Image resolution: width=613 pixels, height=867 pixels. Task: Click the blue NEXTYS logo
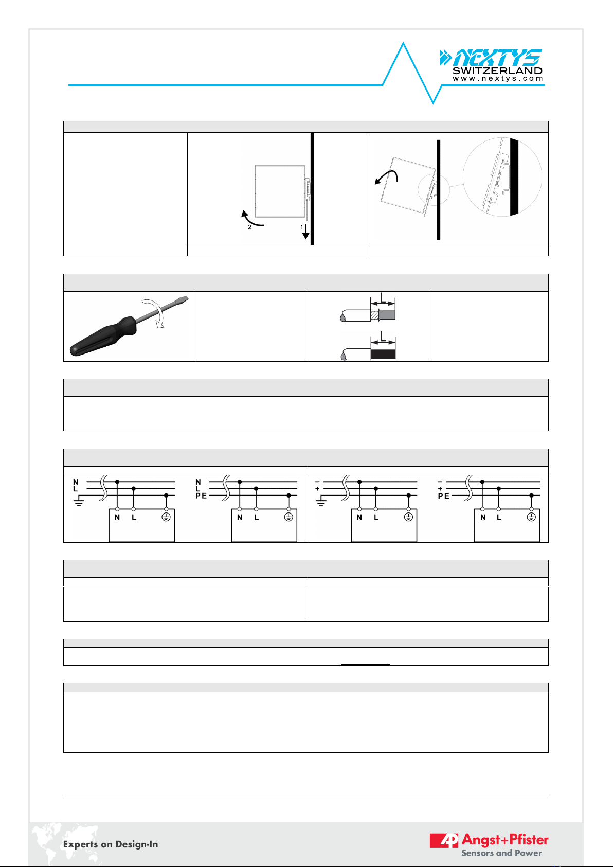[x=491, y=58]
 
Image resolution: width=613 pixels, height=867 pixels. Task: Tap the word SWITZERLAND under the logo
[x=497, y=71]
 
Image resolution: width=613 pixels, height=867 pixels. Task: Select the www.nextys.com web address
[x=498, y=79]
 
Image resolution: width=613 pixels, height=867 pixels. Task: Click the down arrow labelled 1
[x=305, y=231]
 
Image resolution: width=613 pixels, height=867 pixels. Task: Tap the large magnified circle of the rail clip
[x=502, y=176]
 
